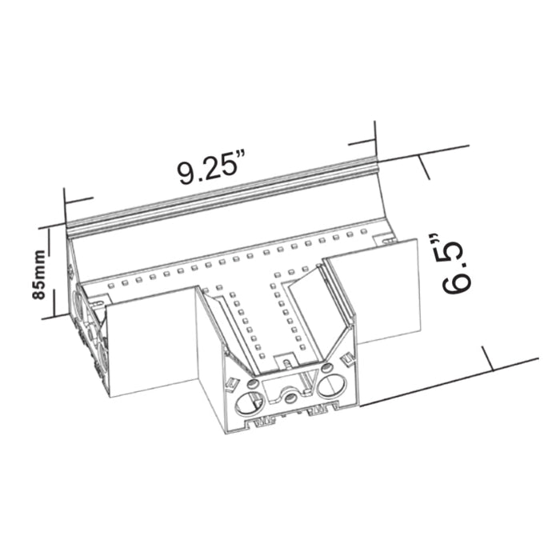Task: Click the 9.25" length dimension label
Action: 210,170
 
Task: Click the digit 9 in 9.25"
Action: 186,173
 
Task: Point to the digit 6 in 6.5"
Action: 453,286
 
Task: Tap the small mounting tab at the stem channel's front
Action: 282,359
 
